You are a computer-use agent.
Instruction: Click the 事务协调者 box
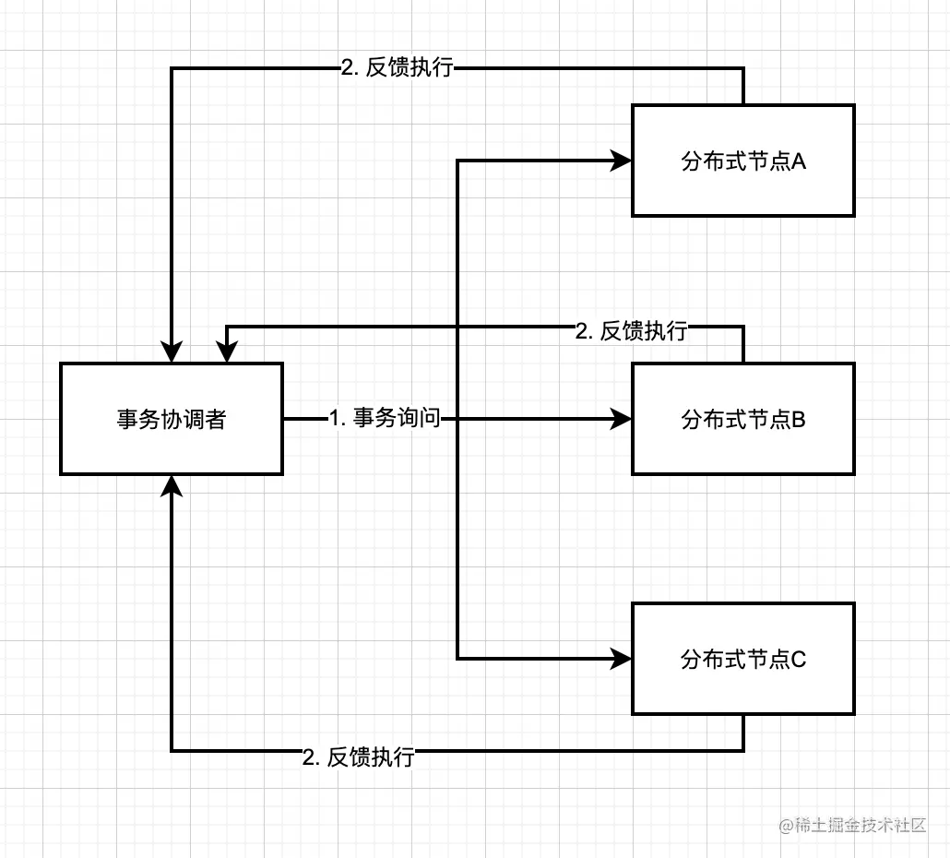tap(172, 419)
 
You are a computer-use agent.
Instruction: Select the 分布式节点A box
tap(742, 161)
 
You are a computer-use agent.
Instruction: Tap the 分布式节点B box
tap(742, 419)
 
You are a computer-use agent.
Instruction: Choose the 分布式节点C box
tap(742, 659)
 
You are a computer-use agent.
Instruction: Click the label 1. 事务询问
tap(385, 419)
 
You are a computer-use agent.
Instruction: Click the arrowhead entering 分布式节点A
tap(622, 161)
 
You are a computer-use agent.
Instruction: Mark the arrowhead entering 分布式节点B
tap(622, 419)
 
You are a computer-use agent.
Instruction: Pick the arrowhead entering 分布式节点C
tap(622, 659)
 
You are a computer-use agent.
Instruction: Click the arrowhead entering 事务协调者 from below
tap(172, 485)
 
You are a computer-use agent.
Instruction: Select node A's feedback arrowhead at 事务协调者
tap(172, 352)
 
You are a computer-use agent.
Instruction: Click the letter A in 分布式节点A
tap(799, 161)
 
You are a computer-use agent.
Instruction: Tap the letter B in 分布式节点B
tap(799, 420)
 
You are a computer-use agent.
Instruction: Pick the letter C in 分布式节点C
tap(799, 660)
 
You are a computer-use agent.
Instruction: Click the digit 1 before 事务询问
tap(334, 419)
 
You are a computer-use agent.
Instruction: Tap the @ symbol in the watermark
tap(787, 825)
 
